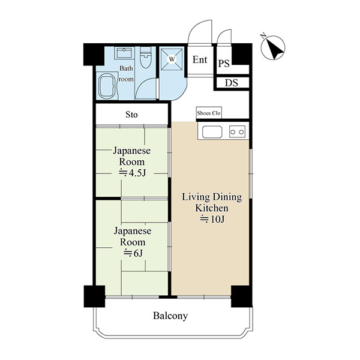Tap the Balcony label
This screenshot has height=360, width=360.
170,316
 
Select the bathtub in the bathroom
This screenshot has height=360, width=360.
107,86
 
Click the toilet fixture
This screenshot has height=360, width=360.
146,58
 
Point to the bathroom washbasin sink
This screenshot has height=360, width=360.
124,53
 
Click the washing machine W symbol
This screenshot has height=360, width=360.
172,59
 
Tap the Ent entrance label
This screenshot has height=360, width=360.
200,59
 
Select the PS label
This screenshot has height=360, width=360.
224,63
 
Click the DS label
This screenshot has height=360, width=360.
231,83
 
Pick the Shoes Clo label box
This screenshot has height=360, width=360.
209,113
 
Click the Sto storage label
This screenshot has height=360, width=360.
131,115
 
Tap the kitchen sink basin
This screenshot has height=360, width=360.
212,132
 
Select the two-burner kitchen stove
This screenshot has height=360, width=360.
237,132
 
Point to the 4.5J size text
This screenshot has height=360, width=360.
133,173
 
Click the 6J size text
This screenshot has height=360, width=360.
133,253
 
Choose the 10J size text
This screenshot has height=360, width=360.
212,219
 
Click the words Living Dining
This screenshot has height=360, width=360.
212,197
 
